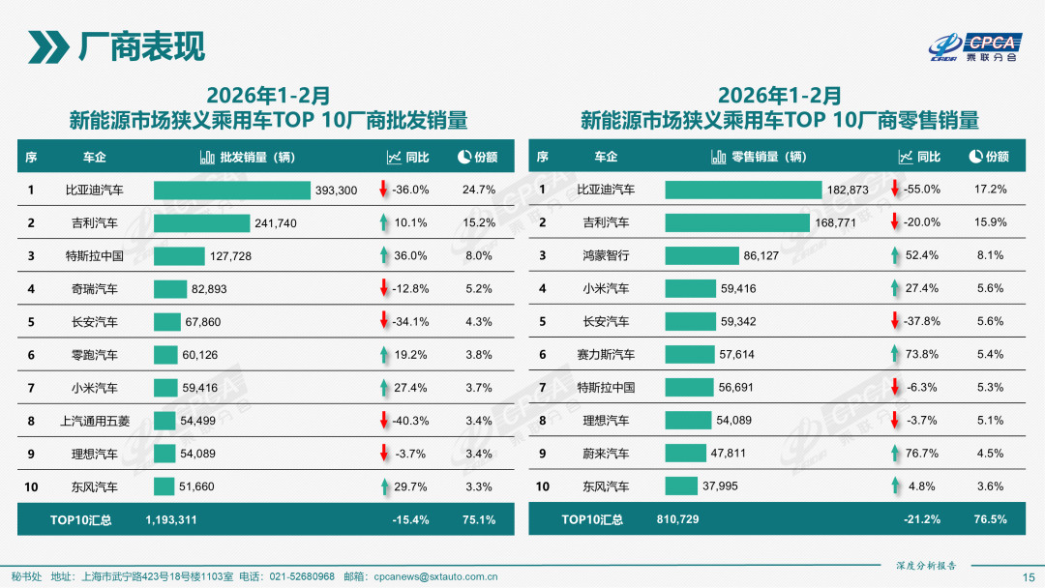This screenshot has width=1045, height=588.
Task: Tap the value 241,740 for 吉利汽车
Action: tap(276, 223)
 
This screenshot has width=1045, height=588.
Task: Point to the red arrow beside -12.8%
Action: tap(383, 289)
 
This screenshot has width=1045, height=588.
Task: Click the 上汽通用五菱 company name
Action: tap(98, 421)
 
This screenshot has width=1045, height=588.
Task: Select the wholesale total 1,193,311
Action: tap(171, 519)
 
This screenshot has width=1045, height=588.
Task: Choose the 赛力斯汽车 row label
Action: tap(606, 355)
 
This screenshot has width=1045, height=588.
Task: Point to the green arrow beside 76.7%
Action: tap(895, 454)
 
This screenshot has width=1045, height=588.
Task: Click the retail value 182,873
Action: tap(848, 191)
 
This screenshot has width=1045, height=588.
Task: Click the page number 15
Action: tap(1029, 576)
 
